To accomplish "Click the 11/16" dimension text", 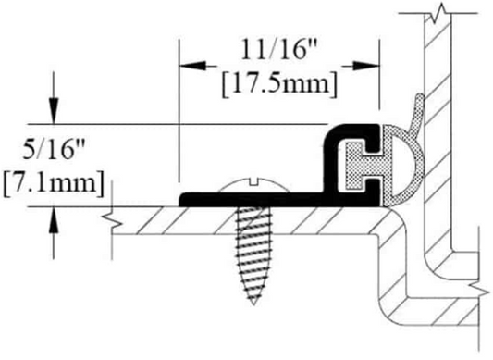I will [x=277, y=49].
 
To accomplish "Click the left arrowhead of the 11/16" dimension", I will [x=185, y=66].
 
